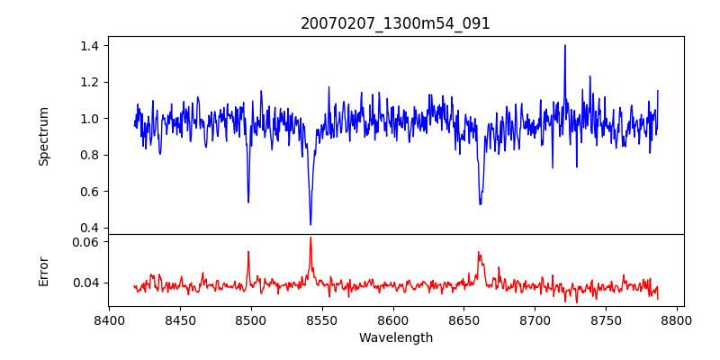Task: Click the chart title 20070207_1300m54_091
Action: click(x=395, y=23)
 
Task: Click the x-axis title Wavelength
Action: click(x=395, y=337)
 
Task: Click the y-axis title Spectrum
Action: click(x=43, y=135)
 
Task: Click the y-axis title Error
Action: click(x=43, y=270)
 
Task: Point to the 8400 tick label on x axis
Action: click(x=109, y=319)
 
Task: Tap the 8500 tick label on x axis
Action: click(x=251, y=319)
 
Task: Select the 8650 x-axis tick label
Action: click(x=464, y=319)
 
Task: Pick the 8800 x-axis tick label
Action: click(x=678, y=319)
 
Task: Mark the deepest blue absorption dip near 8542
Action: click(x=310, y=224)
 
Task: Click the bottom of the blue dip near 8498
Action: click(x=248, y=202)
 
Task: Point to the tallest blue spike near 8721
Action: click(x=565, y=45)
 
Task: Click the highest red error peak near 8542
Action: click(x=310, y=238)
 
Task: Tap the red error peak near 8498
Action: click(x=248, y=252)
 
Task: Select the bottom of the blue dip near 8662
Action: click(x=481, y=203)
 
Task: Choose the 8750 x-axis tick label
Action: click(x=607, y=319)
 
